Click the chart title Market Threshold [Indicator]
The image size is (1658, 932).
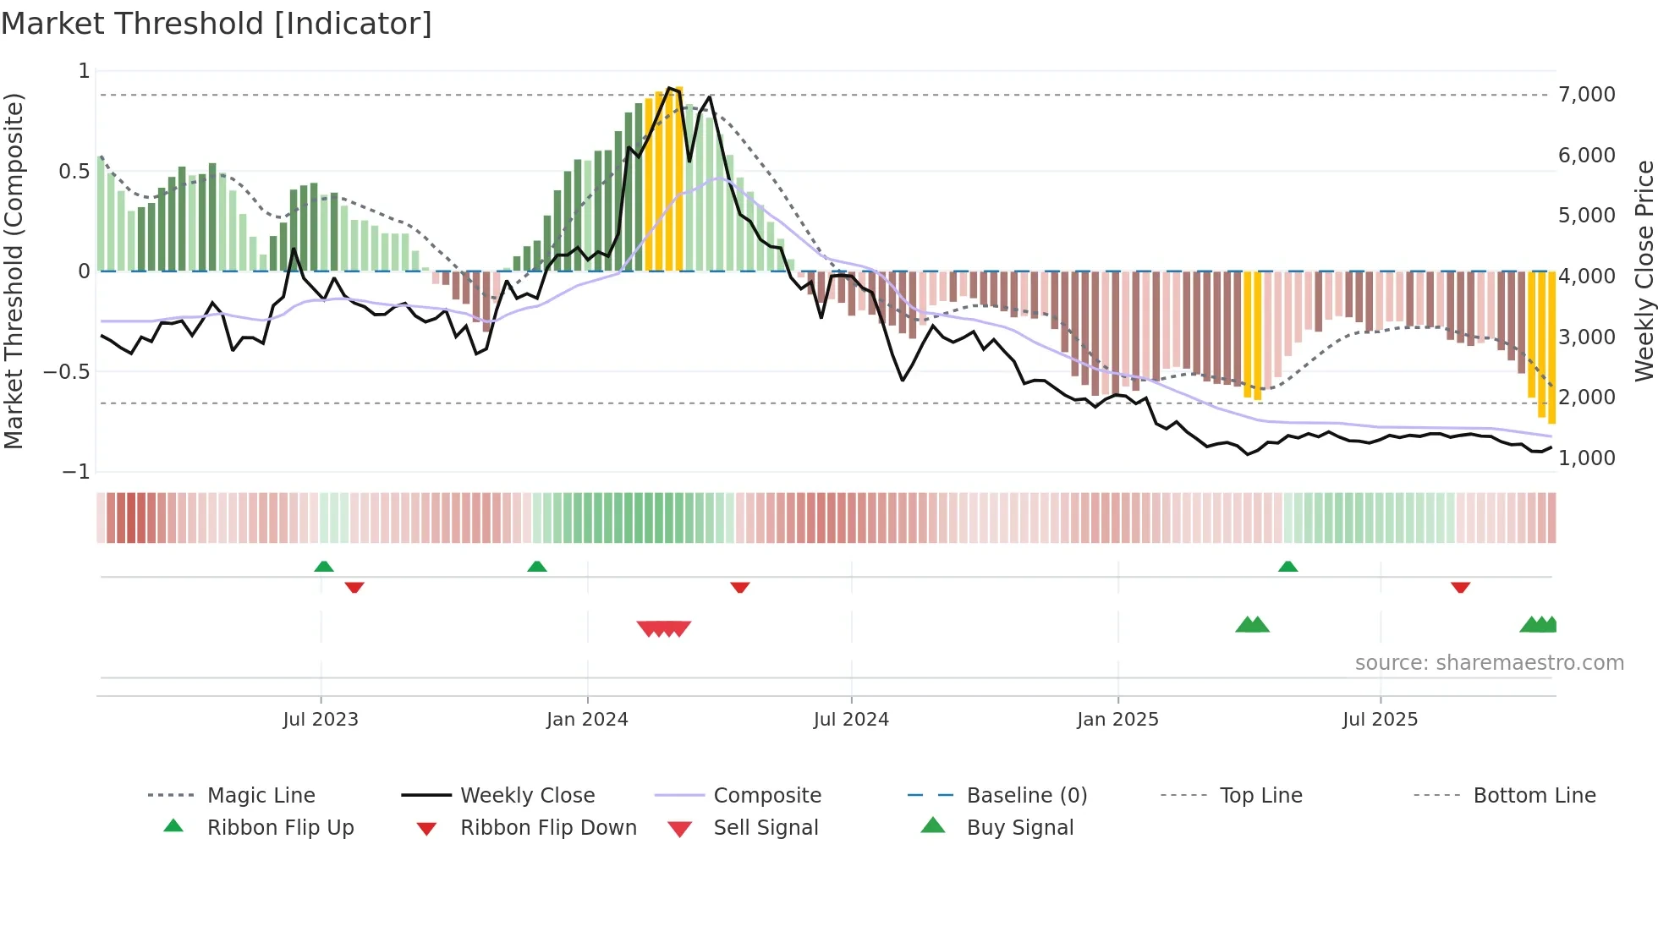(x=217, y=24)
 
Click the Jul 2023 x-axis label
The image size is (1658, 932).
(x=321, y=720)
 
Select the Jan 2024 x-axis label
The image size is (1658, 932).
(x=587, y=720)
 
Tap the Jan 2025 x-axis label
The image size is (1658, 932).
(x=1117, y=720)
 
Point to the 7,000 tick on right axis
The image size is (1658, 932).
(x=1587, y=95)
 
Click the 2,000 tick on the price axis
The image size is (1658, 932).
(x=1587, y=397)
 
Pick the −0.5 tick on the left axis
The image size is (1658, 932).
(x=67, y=372)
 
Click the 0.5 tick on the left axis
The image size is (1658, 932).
(x=74, y=172)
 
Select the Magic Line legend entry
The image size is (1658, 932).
(x=261, y=796)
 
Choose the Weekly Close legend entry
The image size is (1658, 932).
(x=527, y=796)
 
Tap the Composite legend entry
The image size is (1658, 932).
(x=767, y=796)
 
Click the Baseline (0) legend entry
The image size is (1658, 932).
(x=1026, y=796)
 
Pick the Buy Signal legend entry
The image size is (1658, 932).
(x=1019, y=828)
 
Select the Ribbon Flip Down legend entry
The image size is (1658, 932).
(x=548, y=828)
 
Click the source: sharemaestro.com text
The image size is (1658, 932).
(x=1489, y=663)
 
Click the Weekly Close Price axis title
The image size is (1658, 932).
(x=1644, y=271)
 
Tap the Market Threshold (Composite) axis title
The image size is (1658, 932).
(x=14, y=271)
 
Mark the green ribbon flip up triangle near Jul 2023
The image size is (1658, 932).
(x=324, y=567)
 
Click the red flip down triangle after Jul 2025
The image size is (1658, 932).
(x=1460, y=587)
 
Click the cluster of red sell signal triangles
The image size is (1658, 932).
(x=664, y=628)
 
